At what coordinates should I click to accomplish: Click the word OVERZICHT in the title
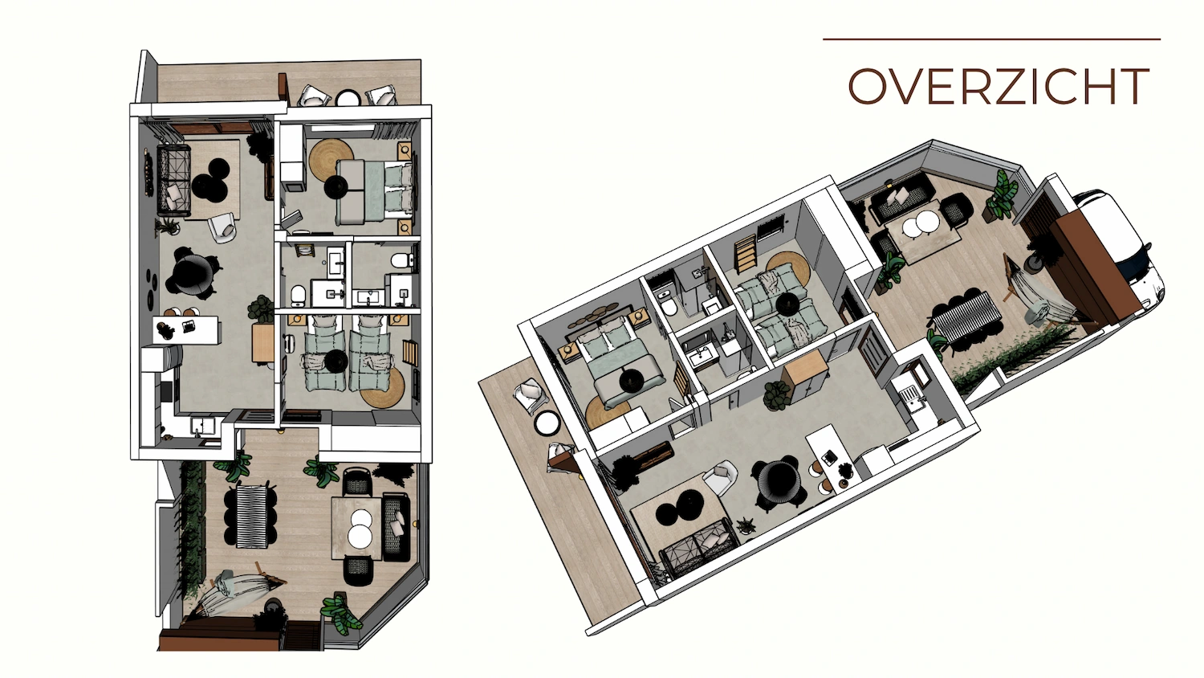pyautogui.click(x=999, y=87)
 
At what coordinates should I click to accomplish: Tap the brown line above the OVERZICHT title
pyautogui.click(x=991, y=39)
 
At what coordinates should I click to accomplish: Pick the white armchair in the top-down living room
pyautogui.click(x=223, y=228)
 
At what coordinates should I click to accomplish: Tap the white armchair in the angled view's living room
pyautogui.click(x=721, y=480)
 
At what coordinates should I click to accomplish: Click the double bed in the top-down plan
pyautogui.click(x=376, y=190)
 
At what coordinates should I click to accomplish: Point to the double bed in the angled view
pyautogui.click(x=618, y=366)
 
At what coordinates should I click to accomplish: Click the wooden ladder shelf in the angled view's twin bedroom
pyautogui.click(x=746, y=251)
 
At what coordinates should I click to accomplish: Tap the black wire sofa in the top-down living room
pyautogui.click(x=173, y=181)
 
